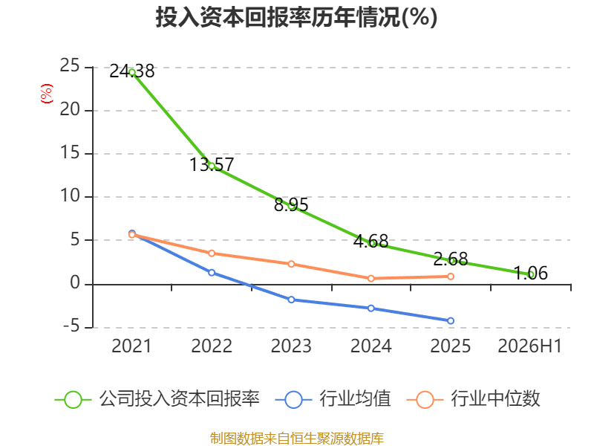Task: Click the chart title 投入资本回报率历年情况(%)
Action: [296, 17]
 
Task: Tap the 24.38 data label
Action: [132, 71]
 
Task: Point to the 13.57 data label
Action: [212, 164]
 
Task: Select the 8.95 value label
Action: [291, 205]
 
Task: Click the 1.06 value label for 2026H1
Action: [530, 273]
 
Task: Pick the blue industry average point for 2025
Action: [451, 321]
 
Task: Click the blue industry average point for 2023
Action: [291, 300]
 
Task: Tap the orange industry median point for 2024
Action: [371, 278]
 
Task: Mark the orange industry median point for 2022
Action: [212, 253]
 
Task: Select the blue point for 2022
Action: [212, 273]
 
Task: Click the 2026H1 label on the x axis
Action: [529, 346]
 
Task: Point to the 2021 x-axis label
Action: [131, 346]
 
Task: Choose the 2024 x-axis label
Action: [371, 346]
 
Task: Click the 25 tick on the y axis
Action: [70, 65]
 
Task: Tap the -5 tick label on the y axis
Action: [71, 326]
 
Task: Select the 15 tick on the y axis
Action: [70, 152]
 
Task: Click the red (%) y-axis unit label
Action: [46, 94]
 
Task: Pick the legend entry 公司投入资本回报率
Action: [157, 399]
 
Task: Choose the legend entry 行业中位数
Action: [473, 399]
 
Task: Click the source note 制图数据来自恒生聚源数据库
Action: [297, 439]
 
